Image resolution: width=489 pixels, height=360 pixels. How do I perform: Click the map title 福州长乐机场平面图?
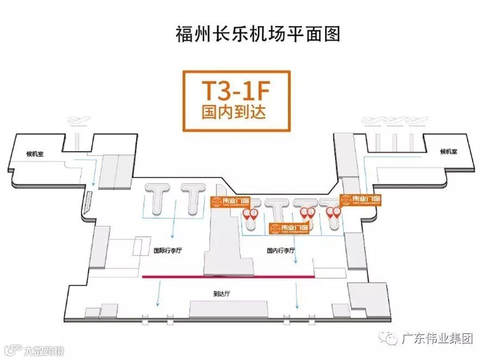[258, 33]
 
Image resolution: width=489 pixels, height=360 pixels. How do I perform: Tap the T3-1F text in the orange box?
[236, 90]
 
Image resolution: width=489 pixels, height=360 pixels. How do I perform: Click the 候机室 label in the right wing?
[449, 152]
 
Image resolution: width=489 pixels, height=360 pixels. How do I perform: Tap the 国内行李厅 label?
[281, 251]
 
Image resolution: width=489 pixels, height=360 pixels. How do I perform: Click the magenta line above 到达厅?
[228, 277]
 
